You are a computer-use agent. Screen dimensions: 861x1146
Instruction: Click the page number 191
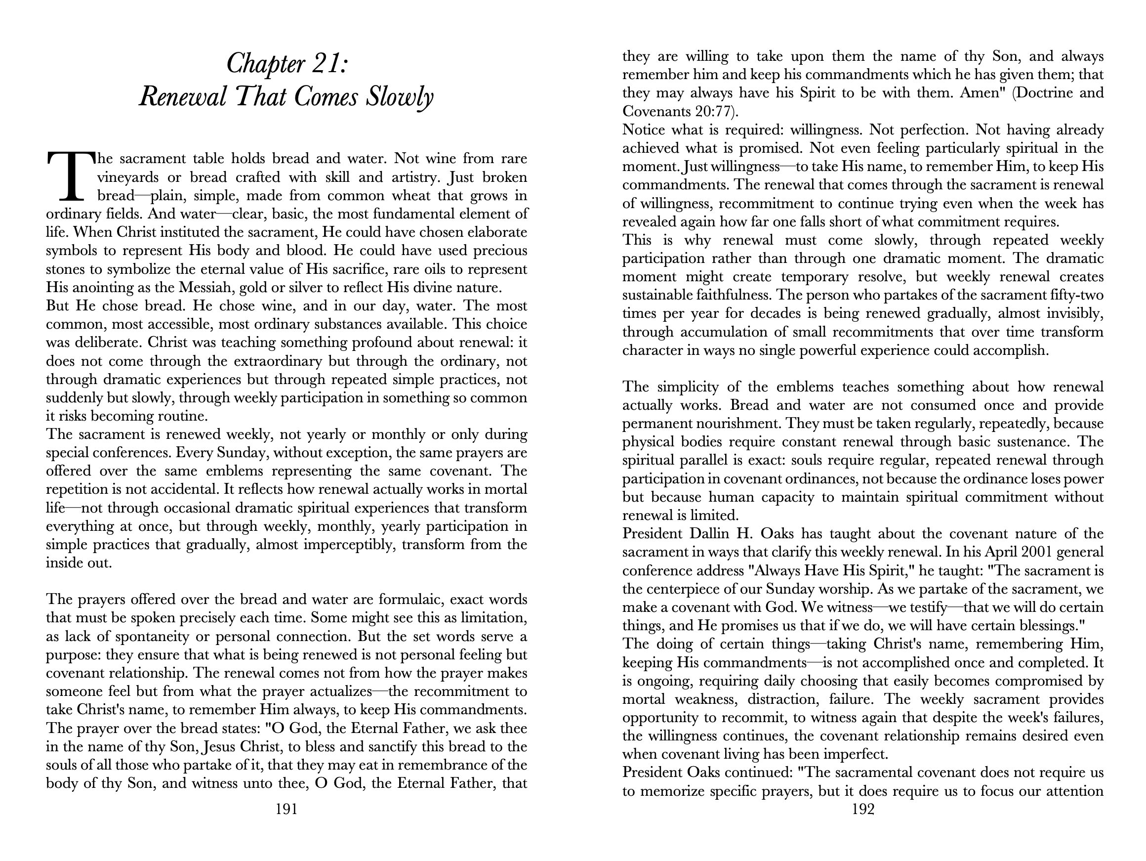(x=286, y=809)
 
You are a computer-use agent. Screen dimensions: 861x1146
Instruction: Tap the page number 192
(x=862, y=809)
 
